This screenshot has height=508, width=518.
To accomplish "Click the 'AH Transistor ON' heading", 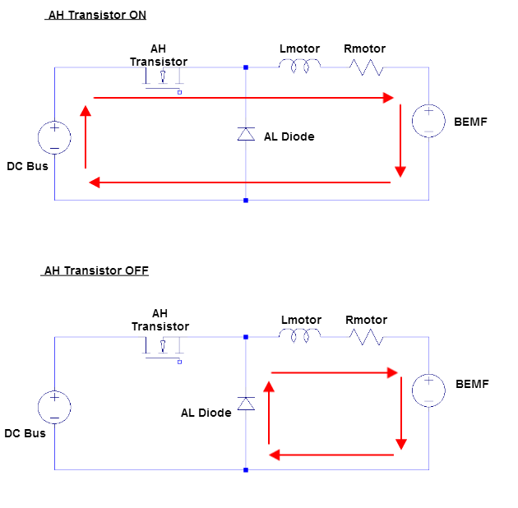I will pos(97,16).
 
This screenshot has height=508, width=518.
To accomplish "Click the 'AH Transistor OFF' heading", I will pos(96,270).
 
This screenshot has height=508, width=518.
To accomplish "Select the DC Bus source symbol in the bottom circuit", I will pos(54,407).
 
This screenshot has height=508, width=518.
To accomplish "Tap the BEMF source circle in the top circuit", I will pos(428,121).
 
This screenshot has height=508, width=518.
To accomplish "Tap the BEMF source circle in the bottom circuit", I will pos(428,390).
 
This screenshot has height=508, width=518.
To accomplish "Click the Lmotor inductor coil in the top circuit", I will pos(299,67).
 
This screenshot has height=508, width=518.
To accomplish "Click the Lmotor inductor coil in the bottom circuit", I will pos(299,336).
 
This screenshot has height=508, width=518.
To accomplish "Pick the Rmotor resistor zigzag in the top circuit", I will pos(366,67).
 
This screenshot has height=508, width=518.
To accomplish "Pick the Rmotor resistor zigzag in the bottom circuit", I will pos(366,336).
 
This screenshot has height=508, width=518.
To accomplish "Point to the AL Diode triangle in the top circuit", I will pos(246,134).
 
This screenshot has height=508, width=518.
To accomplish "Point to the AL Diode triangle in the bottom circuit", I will pos(246,403).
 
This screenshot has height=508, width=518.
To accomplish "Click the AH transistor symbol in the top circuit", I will pos(164,79).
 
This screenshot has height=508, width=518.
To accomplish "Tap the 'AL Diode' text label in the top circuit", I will pos(289,136).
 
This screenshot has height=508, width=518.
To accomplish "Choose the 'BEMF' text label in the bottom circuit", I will pos(472,384).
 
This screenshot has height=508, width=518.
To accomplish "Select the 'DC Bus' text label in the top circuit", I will pos(27,166).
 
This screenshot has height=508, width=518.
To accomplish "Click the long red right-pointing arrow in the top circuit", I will pos(244,98).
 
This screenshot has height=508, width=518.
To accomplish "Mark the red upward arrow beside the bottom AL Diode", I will pos(268,411).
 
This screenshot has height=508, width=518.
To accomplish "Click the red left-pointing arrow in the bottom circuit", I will pos(332,455).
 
